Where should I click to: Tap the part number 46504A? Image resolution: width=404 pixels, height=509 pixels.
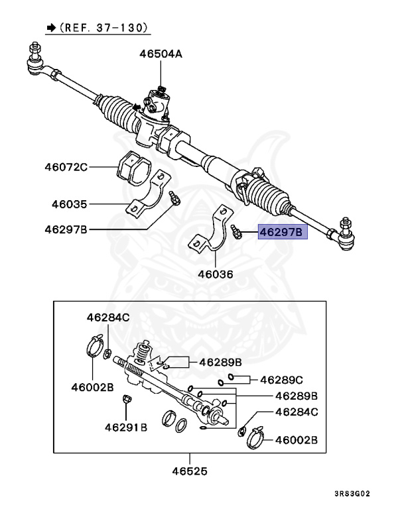[x=161, y=54]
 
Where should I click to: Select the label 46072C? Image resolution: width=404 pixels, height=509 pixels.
[x=66, y=167]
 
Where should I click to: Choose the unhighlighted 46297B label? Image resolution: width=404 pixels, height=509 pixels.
[x=66, y=229]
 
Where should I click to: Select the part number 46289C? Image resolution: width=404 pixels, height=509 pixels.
[x=281, y=380]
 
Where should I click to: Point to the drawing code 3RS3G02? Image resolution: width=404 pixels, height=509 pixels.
[x=362, y=493]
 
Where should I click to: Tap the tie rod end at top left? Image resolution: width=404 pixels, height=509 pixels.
[x=34, y=59]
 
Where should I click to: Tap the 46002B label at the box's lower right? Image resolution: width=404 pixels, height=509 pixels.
[x=297, y=439]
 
